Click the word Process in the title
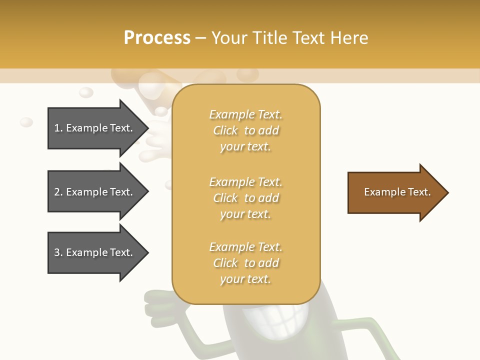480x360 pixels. coord(157,38)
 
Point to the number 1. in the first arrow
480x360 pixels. coord(58,128)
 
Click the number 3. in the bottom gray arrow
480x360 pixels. coord(58,253)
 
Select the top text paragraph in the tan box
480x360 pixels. coord(245,130)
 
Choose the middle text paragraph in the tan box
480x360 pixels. coord(245,198)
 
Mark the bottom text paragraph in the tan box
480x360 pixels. coord(245,263)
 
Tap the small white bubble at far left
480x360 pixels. coord(26,122)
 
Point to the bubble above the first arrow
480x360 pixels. coord(86,92)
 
